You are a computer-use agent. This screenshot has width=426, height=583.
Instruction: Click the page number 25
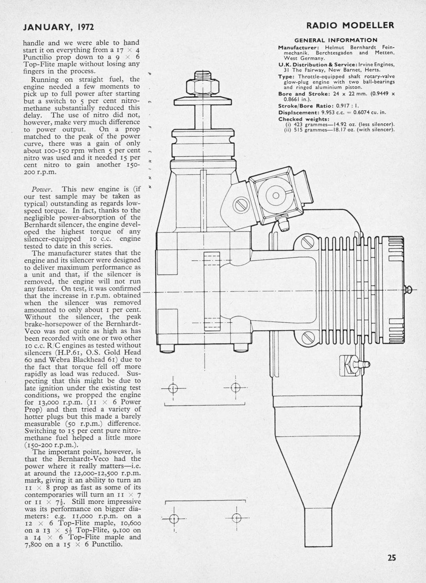[392, 558]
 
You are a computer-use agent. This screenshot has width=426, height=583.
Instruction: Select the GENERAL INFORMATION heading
[336, 40]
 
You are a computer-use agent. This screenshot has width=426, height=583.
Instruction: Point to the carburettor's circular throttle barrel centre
[275, 196]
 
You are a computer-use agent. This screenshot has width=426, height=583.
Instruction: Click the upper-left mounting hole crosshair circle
[173, 388]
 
